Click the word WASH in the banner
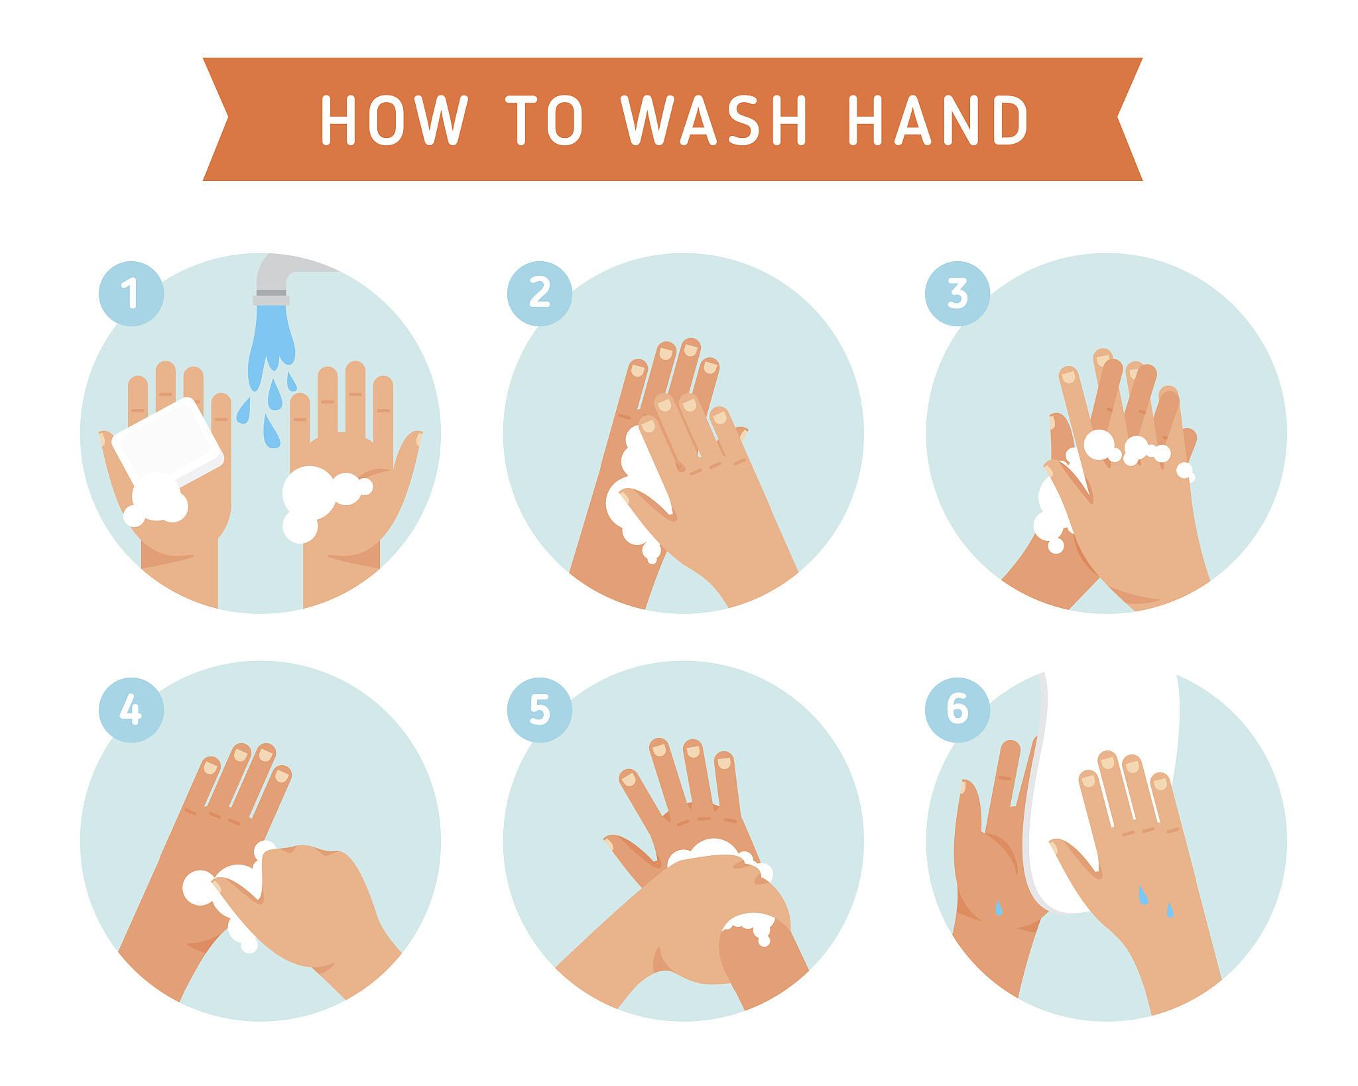tap(713, 119)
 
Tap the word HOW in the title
tap(395, 119)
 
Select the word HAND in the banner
tap(938, 119)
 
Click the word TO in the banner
tap(544, 119)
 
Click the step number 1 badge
tap(131, 294)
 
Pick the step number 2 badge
tap(540, 294)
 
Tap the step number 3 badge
tap(957, 294)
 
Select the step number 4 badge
tap(131, 710)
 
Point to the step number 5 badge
tap(540, 710)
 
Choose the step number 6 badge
tap(957, 710)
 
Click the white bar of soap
tap(168, 441)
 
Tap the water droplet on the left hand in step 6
tap(999, 908)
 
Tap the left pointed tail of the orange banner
tap(216, 119)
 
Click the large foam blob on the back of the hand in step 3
tap(1099, 444)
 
